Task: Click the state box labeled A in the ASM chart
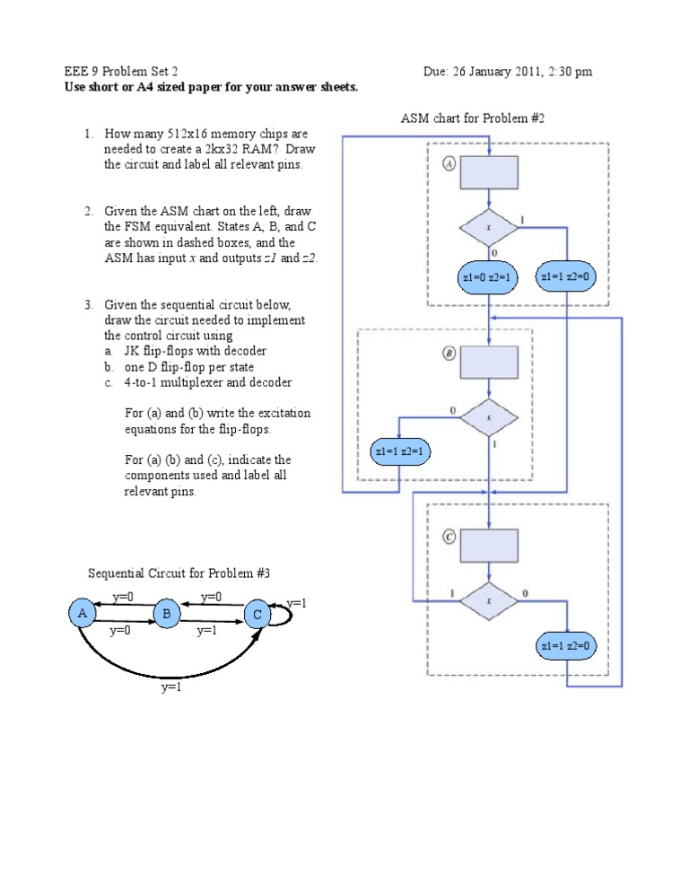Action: point(489,172)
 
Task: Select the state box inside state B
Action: point(489,363)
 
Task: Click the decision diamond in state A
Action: point(489,228)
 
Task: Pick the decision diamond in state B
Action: point(489,417)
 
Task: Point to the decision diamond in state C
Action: point(489,601)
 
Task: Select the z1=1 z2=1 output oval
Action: point(400,451)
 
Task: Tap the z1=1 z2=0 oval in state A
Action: point(566,277)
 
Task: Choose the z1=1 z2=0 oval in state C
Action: point(567,645)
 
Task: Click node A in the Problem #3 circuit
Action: point(82,613)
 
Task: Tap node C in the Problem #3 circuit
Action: point(257,615)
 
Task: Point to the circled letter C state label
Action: point(449,537)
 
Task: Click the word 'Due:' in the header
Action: point(438,72)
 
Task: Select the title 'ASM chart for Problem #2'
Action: point(473,118)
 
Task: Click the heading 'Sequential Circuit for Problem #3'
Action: point(179,573)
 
